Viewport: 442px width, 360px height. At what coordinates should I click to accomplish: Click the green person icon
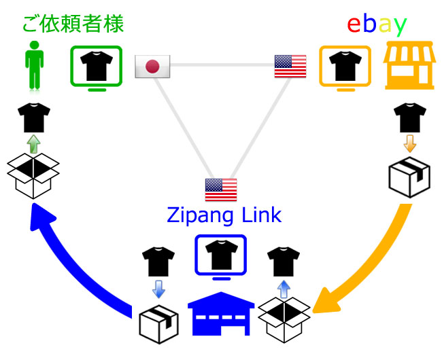click(x=32, y=65)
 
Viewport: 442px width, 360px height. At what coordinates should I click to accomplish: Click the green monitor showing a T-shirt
click(x=97, y=67)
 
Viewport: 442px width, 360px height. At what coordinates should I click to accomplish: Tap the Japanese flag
click(x=152, y=66)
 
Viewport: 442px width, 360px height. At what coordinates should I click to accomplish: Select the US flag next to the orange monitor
click(x=290, y=66)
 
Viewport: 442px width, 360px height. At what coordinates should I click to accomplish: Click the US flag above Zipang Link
click(x=221, y=189)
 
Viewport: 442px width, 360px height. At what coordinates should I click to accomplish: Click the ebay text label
click(x=377, y=24)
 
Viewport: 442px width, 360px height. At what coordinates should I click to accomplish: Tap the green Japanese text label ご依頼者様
click(x=73, y=24)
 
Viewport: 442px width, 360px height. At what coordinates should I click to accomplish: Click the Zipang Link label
click(x=224, y=217)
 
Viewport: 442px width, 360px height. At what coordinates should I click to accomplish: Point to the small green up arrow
click(x=32, y=142)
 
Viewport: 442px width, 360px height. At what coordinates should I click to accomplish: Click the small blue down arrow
click(x=158, y=291)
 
